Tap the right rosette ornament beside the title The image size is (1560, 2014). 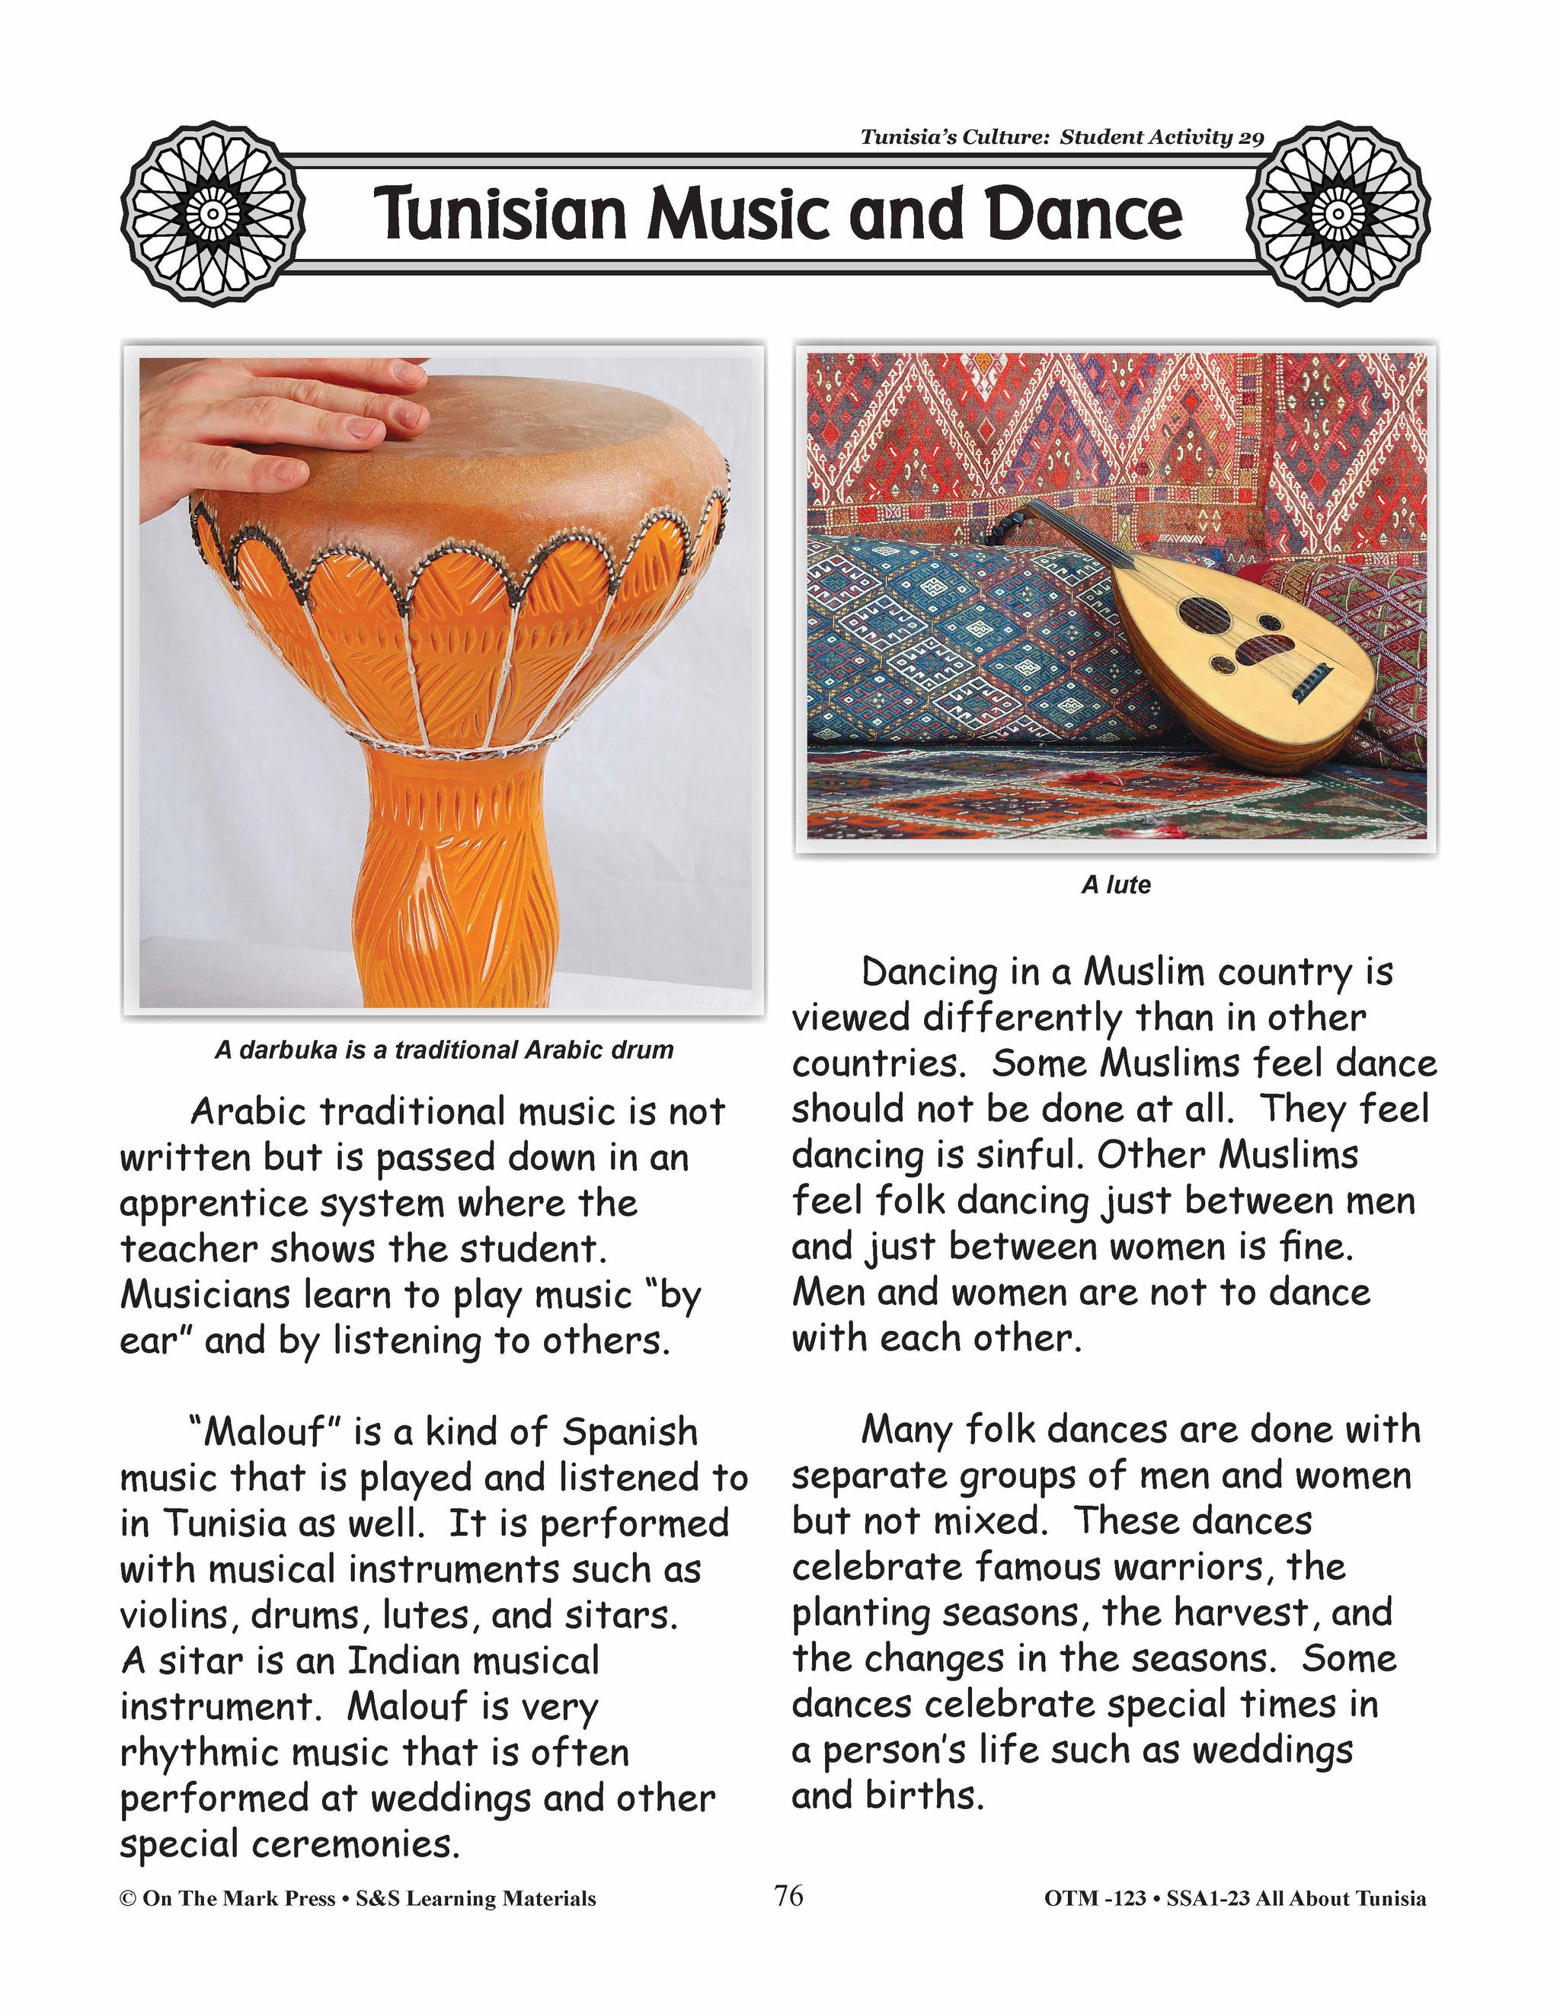[1338, 214]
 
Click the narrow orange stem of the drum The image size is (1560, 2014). [452, 876]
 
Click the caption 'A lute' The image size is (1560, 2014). [1116, 885]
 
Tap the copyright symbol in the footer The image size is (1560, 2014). [127, 1899]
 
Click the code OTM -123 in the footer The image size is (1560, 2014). [1095, 1899]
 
